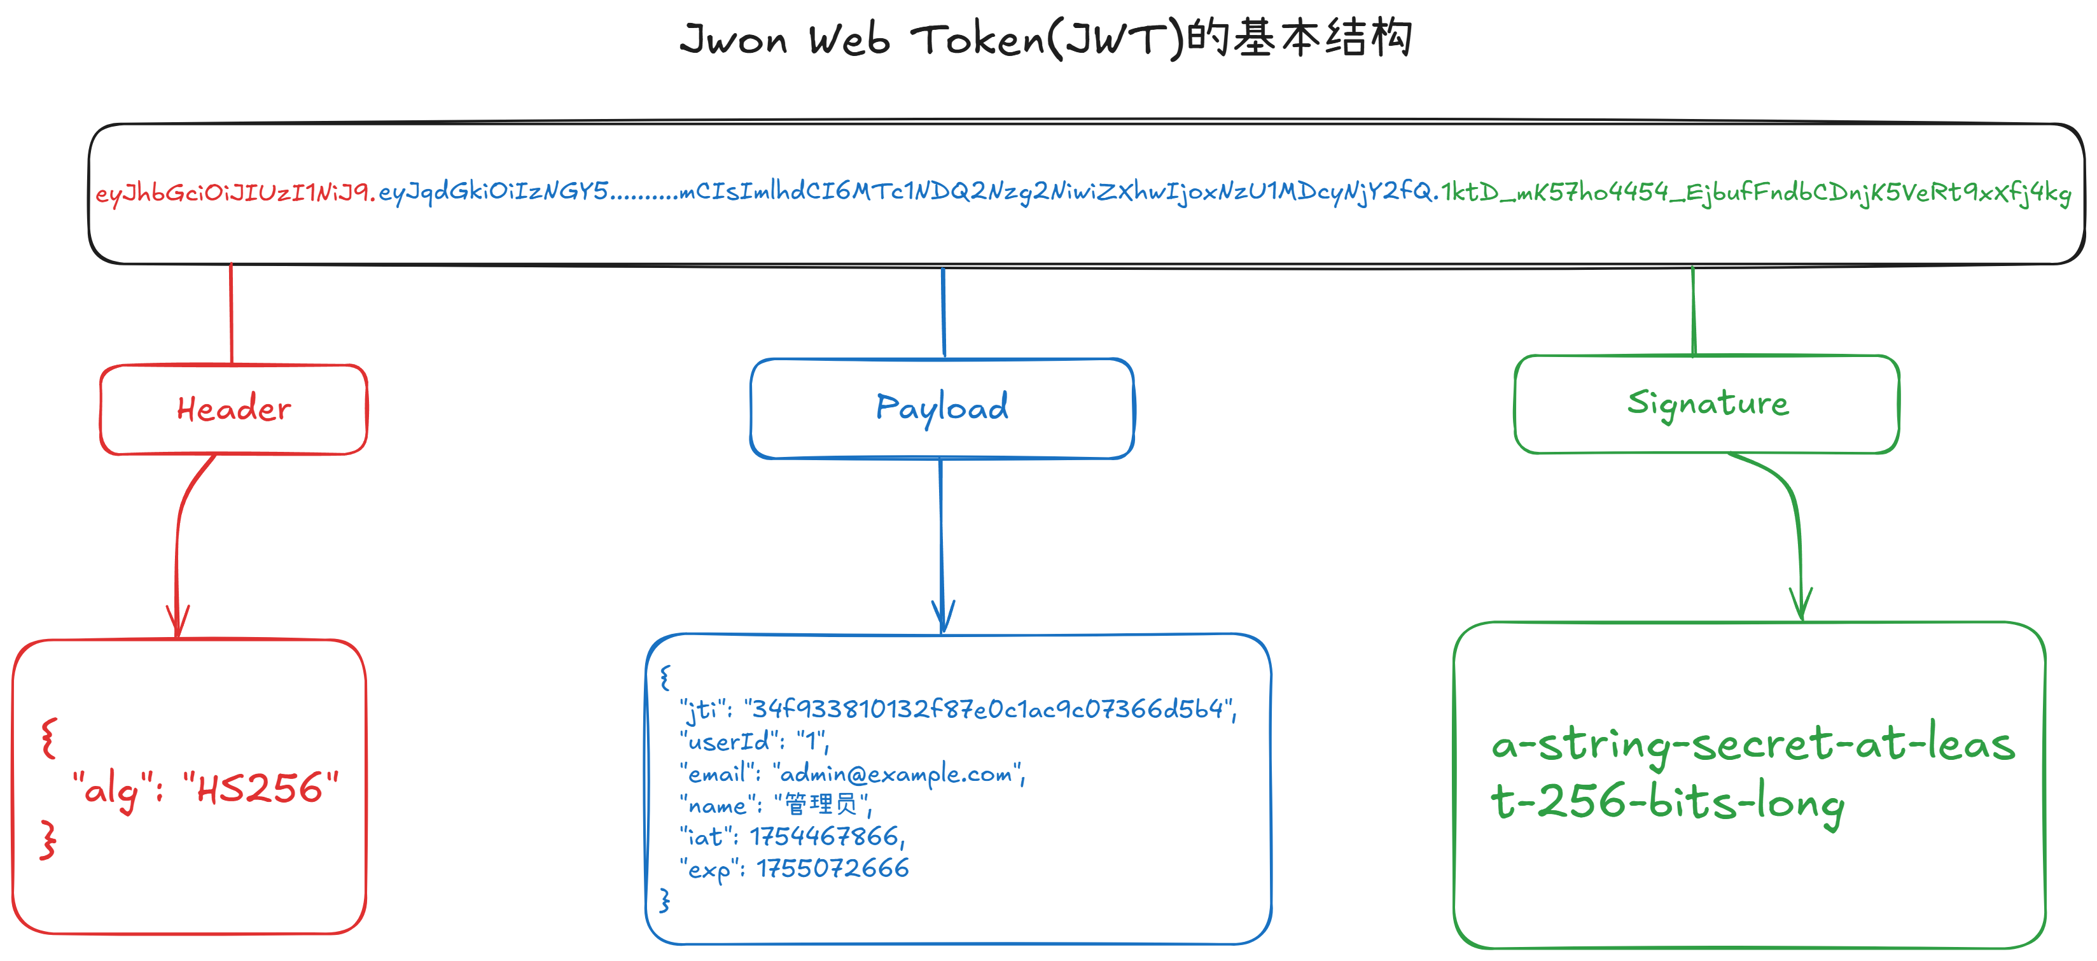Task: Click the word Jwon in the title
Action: point(733,39)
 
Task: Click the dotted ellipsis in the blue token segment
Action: point(643,195)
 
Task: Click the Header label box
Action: point(233,409)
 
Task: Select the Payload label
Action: point(942,407)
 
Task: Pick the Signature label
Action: point(1707,403)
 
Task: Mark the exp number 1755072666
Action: point(832,868)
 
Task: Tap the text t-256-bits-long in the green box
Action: point(1667,802)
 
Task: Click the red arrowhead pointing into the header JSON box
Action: point(178,624)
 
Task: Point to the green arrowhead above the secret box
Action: point(1801,606)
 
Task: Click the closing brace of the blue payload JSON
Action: point(664,900)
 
